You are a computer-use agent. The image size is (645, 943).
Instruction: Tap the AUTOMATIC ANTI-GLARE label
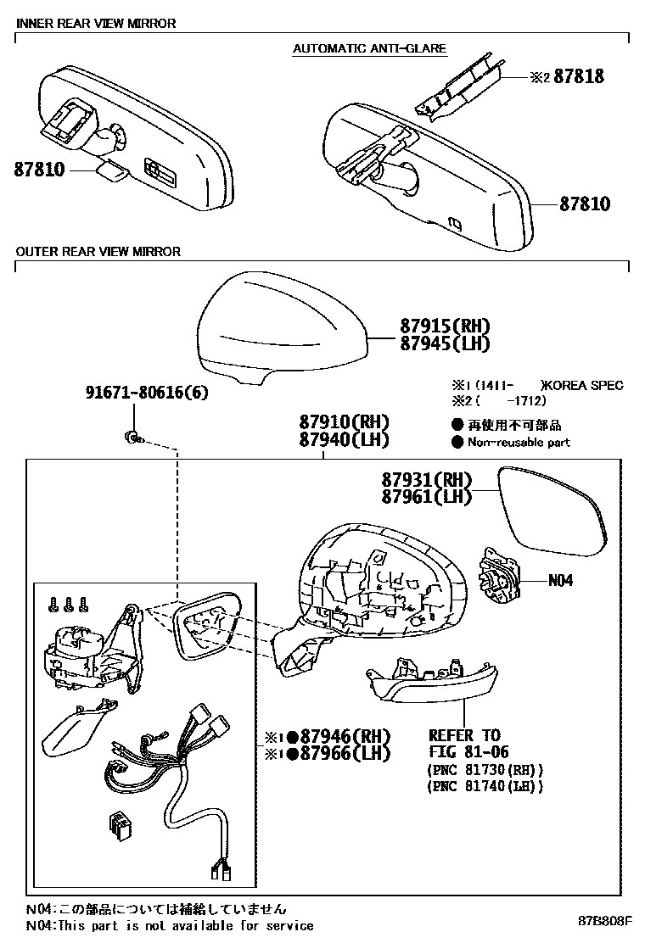coord(369,48)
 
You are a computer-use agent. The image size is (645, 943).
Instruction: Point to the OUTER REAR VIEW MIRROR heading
coord(98,251)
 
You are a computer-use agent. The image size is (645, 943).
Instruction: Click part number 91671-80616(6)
coord(146,393)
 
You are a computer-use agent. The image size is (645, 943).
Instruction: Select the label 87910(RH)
coord(343,422)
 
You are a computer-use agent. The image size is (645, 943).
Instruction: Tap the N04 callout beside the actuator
coord(560,581)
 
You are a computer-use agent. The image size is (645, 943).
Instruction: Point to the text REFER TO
coord(463,735)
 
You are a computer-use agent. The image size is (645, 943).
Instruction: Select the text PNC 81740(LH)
coord(484,786)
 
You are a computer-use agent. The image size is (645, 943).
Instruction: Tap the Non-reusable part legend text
coord(519,442)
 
